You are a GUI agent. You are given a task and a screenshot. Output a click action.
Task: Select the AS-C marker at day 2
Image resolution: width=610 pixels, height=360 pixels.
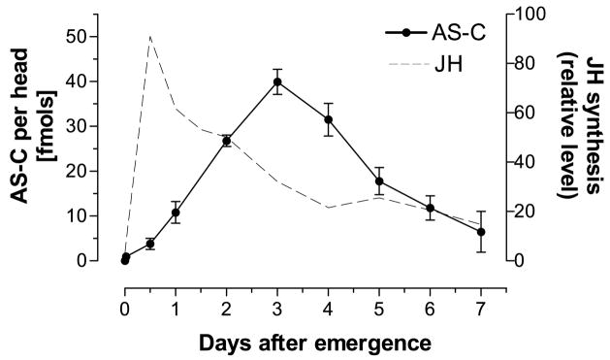pyautogui.click(x=226, y=141)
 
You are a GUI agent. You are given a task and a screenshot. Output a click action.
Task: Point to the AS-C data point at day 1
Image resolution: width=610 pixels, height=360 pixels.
pyautogui.click(x=176, y=213)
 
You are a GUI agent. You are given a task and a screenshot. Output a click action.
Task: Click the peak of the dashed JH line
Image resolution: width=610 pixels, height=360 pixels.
pyautogui.click(x=150, y=37)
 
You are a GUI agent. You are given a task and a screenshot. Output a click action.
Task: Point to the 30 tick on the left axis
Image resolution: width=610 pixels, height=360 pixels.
pyautogui.click(x=99, y=126)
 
